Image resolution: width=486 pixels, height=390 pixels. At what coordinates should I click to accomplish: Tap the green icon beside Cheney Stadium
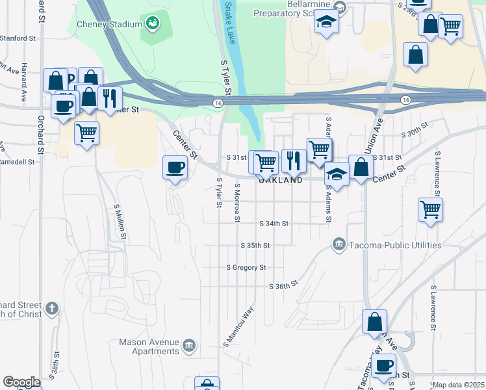pos(153,24)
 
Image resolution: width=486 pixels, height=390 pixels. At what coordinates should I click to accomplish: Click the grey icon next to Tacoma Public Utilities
pos(338,245)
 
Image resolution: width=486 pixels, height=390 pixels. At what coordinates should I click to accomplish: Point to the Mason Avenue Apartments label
pos(149,346)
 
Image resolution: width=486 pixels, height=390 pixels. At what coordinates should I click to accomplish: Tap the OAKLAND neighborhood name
pos(281,180)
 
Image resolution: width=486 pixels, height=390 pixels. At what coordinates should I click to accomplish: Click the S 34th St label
pos(274,223)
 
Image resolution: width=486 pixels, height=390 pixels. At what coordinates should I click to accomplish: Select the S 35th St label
pos(255,246)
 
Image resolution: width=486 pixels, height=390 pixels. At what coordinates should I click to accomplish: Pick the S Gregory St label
pos(246,267)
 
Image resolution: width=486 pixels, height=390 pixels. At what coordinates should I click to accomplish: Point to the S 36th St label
pos(283,285)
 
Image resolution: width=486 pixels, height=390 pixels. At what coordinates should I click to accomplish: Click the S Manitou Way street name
pos(238,325)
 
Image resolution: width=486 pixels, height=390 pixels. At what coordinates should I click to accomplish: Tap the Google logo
pos(21,382)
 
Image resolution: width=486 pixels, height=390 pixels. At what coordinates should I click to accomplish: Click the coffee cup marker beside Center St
pos(175,168)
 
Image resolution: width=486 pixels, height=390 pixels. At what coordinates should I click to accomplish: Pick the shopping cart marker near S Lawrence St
pos(431,209)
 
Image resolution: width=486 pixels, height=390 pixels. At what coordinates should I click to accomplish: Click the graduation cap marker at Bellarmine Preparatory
pos(326,23)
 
